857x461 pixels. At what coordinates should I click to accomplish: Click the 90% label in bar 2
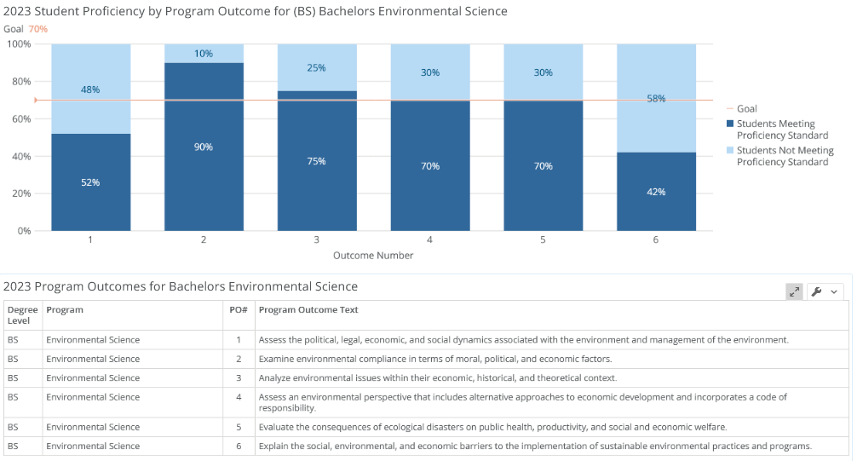tap(204, 147)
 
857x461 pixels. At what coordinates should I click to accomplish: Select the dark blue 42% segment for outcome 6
tap(657, 192)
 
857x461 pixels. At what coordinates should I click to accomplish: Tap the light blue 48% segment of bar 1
tap(91, 89)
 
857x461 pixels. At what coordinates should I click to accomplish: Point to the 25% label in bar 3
tap(316, 68)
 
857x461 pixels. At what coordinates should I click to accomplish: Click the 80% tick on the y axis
tap(19, 82)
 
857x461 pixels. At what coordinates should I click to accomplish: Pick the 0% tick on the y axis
tap(24, 231)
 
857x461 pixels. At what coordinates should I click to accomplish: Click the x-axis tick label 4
tap(429, 239)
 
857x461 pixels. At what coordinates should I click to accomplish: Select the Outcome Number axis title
tap(373, 256)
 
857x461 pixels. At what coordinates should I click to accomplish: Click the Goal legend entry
tap(742, 109)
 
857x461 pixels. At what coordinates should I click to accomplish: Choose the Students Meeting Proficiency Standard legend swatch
tap(730, 124)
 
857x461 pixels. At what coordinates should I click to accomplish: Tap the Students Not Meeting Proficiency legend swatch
tap(730, 150)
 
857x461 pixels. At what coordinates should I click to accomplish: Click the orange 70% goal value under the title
tap(38, 29)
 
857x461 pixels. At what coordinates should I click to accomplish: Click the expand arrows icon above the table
tap(794, 291)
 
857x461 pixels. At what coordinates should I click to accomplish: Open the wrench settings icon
tap(817, 291)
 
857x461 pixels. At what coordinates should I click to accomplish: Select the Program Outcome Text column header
tap(308, 309)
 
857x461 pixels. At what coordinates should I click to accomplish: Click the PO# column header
tap(239, 309)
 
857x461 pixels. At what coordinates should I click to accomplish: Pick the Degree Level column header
tap(22, 315)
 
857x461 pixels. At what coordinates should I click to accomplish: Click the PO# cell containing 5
tap(239, 427)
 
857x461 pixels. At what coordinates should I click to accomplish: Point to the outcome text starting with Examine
tap(435, 359)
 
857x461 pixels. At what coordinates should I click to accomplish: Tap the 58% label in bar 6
tap(657, 99)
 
